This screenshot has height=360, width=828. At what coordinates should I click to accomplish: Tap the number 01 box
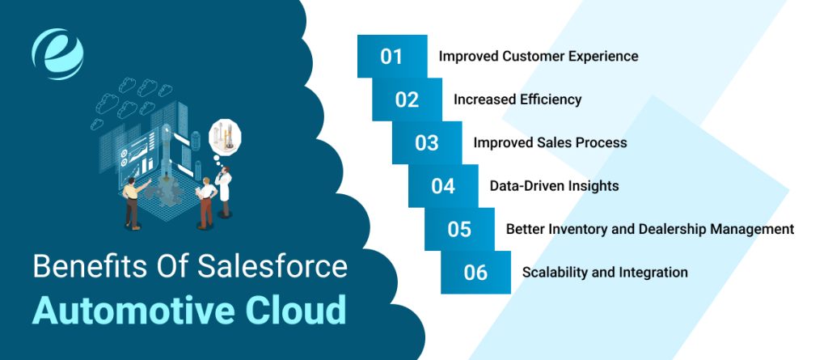(x=392, y=57)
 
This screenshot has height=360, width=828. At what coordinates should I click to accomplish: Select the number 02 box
(x=408, y=100)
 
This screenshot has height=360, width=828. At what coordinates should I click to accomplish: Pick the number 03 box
(x=427, y=142)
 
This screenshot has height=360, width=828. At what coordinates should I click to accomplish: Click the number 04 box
(x=443, y=186)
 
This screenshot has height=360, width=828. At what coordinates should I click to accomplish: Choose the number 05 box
(x=459, y=229)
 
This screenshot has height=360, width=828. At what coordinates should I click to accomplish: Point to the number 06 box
(x=475, y=273)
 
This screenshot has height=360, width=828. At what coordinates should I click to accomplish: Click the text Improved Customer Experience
(x=538, y=57)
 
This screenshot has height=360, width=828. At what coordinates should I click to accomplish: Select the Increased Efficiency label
(x=517, y=100)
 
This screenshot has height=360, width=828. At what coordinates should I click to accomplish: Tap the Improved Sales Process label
(x=550, y=142)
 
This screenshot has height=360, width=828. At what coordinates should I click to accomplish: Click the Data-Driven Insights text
(x=554, y=186)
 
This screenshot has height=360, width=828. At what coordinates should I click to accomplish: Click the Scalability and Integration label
(x=605, y=273)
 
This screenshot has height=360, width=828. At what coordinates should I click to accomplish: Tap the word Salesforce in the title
(x=276, y=266)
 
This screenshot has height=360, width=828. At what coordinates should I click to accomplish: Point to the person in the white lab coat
(x=224, y=191)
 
